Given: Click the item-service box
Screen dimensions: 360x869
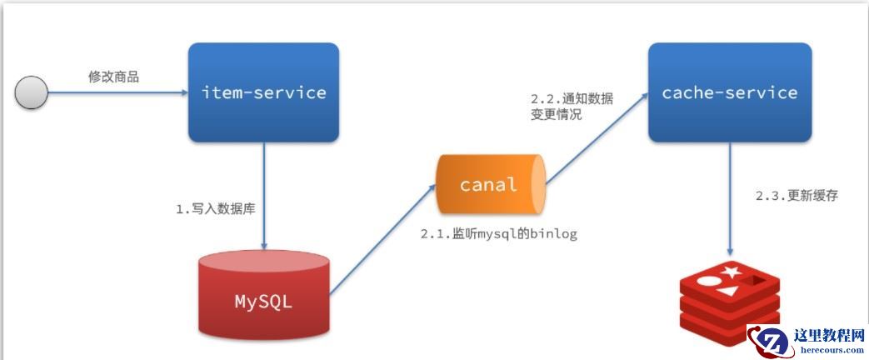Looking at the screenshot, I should click(263, 92).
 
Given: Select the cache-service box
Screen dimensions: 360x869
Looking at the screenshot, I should click(729, 92).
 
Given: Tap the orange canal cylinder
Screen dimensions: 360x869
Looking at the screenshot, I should click(490, 183).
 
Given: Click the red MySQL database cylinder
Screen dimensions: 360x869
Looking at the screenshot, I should click(263, 296).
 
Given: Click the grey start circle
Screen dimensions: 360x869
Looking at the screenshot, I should click(32, 92).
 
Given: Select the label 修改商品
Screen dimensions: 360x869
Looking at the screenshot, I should click(113, 77).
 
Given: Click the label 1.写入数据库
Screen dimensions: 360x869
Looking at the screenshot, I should click(215, 208).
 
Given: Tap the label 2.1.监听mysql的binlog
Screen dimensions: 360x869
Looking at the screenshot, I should click(498, 234).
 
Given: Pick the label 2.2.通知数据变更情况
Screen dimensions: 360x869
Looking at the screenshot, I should click(572, 107).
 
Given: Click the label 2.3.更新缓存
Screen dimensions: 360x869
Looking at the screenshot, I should click(796, 196).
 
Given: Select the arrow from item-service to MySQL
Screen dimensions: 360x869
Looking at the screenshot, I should click(264, 196).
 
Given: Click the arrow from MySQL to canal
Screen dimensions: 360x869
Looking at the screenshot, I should click(383, 242).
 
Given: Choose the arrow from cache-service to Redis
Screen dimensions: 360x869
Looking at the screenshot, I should click(731, 200).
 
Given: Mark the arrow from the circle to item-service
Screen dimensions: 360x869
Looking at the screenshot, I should click(117, 92).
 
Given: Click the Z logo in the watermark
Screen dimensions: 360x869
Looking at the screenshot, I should click(771, 342).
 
